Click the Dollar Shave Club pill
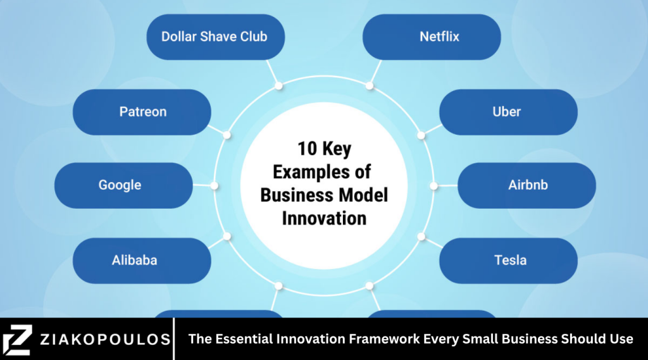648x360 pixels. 215,37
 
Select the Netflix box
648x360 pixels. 432,37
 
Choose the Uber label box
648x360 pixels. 508,112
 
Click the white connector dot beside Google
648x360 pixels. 215,186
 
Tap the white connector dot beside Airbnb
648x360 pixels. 433,186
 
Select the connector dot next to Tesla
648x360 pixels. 421,236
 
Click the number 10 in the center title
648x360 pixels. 308,149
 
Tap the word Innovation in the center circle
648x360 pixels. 324,218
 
